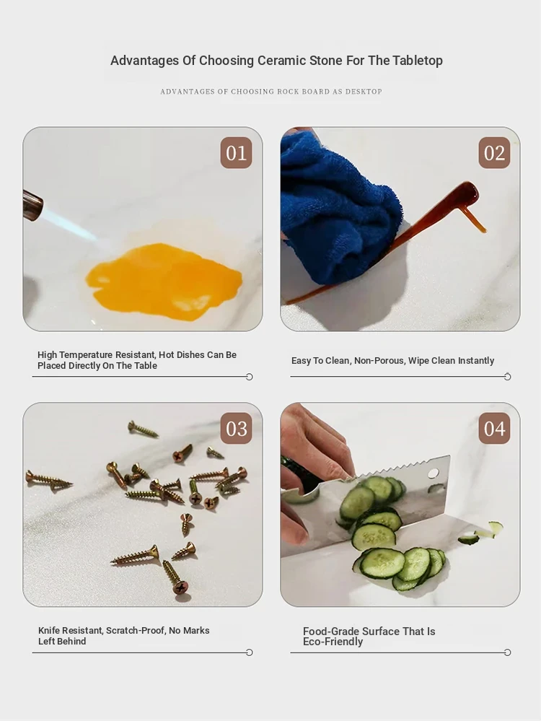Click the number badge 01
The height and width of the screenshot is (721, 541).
237,153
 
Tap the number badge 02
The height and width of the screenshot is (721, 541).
494,153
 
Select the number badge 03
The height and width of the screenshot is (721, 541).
237,429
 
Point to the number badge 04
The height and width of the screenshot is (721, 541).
494,429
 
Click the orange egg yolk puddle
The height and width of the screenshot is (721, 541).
163,281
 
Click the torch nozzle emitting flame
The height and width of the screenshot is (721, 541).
32,206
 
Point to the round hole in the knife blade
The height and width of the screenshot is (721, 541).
434,473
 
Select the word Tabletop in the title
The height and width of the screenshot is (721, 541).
418,60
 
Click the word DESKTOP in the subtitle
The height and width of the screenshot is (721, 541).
364,92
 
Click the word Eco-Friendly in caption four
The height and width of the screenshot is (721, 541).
333,642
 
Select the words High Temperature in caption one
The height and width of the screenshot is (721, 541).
75,355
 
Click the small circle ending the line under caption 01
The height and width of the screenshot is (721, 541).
250,377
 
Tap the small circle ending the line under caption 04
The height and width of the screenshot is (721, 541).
507,652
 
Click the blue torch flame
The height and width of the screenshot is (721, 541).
70,224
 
